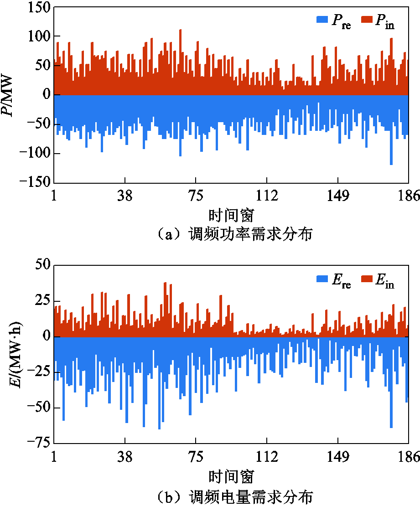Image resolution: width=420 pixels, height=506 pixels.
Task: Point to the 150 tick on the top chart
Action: click(38, 8)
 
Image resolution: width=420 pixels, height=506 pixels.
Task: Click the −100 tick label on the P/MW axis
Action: click(34, 154)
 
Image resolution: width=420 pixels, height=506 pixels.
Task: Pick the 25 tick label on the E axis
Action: click(42, 301)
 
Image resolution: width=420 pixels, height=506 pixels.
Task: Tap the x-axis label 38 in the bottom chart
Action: click(124, 457)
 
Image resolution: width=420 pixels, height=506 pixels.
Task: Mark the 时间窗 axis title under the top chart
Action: click(231, 214)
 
